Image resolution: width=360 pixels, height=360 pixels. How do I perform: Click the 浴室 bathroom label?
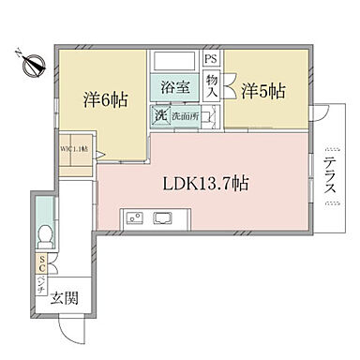pos(175,87)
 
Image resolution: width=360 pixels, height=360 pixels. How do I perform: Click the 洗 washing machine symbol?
pos(159,115)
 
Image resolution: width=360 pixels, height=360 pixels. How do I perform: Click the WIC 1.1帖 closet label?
pos(75,148)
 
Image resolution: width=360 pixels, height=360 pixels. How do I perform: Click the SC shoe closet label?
pos(42,264)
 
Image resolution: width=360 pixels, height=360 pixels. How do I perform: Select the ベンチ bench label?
pos(42,285)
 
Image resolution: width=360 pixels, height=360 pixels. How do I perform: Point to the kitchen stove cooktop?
pos(133,218)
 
